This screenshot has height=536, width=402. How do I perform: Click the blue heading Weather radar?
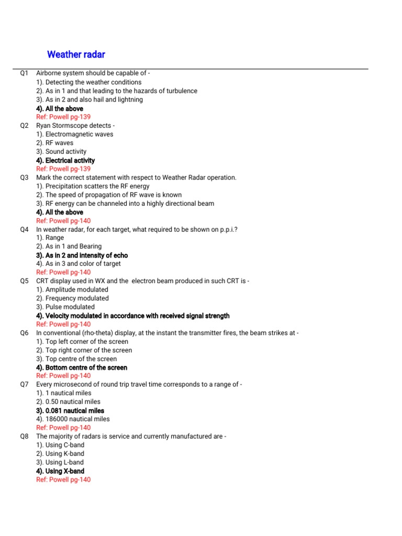pos(76,54)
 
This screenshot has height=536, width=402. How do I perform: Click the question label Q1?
pos(25,74)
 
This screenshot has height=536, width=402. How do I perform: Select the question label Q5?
pos(25,281)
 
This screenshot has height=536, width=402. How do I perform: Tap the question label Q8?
pos(25,437)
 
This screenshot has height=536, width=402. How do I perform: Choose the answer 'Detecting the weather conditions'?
pos(88,82)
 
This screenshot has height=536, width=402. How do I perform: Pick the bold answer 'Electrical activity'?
pos(65,160)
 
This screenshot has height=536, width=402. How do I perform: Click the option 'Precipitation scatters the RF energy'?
pos(93,186)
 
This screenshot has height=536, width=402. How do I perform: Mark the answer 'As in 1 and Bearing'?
pos(69,247)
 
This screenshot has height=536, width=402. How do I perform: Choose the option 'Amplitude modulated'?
pos(72,289)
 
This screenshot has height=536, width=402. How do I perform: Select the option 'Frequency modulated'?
pos(72,298)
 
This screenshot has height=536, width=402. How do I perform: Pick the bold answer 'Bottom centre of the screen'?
pos(81,367)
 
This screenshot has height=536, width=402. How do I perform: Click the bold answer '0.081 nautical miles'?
pos(70,411)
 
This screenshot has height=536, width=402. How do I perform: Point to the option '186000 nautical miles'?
pos(73,419)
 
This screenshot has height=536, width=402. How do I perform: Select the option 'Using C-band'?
pos(60,445)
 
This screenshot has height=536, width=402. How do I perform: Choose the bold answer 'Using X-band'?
pos(60,471)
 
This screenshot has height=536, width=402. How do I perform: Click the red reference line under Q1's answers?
pos(63,117)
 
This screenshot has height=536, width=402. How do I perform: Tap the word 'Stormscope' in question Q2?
pos(74,126)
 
